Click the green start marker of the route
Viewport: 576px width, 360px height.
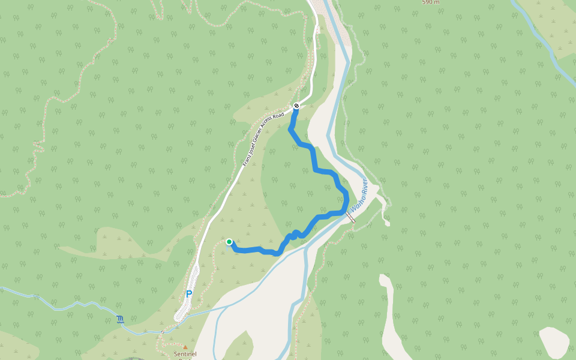[229, 242]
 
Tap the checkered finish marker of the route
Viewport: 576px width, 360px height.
[296, 106]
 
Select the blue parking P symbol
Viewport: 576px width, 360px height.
[188, 294]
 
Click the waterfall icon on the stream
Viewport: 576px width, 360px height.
[121, 319]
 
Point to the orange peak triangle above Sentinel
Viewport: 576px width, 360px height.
[185, 347]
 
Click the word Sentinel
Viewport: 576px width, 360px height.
[183, 354]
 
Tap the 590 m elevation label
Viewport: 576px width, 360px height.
[431, 2]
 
